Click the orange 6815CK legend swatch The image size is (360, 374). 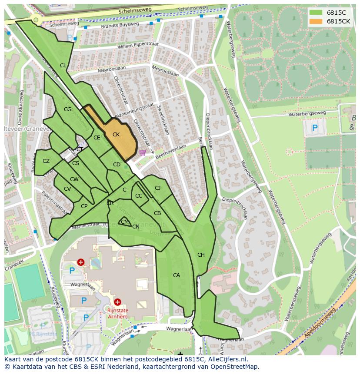click(x=316, y=21)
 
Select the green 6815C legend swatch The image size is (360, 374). click(x=316, y=13)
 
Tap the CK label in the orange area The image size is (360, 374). click(x=116, y=135)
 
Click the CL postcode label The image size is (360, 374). click(x=63, y=66)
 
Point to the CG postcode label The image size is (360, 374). click(x=67, y=109)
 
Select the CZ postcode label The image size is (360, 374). click(x=46, y=161)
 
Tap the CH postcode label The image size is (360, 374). click(x=201, y=255)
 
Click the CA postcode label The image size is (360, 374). click(x=177, y=275)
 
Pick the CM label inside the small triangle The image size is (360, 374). click(x=125, y=222)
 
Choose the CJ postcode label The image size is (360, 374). click(x=157, y=188)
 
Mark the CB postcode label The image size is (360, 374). click(x=157, y=213)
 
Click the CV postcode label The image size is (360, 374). click(x=67, y=189)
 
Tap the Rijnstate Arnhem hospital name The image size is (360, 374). click(x=117, y=313)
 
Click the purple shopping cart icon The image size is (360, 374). click(x=143, y=153)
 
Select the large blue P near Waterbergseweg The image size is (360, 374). click(x=315, y=128)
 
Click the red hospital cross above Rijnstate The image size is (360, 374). click(x=117, y=301)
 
